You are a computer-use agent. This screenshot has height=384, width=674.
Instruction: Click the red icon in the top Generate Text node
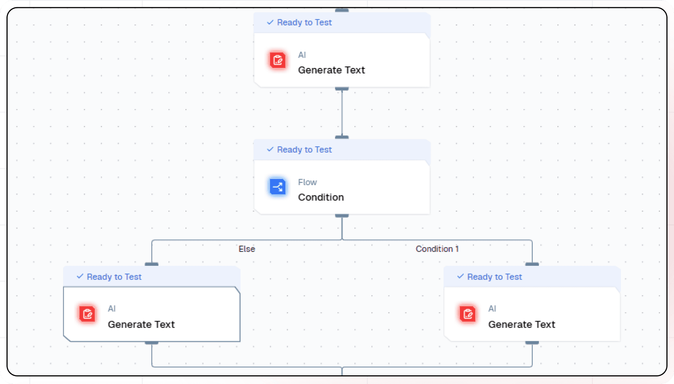pos(278,60)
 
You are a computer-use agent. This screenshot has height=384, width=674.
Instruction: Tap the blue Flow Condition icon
pos(278,187)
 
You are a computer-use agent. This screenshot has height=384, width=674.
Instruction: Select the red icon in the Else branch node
pos(87,314)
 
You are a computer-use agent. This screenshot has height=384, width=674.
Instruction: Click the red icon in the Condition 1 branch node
pos(468,314)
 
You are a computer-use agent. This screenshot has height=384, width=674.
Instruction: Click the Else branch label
pos(247,249)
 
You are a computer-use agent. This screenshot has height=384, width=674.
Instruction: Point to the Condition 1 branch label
pos(437,249)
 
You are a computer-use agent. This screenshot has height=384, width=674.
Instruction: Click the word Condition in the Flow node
pos(321,197)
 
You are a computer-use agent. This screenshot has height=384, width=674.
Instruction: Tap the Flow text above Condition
pos(307,182)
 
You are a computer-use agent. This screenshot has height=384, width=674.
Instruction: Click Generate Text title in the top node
pos(331,70)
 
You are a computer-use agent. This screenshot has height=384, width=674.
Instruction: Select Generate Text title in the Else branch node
pos(141,325)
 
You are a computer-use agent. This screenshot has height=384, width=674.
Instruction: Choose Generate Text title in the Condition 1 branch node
pos(522,325)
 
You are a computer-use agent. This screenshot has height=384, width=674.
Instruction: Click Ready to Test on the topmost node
pos(304,22)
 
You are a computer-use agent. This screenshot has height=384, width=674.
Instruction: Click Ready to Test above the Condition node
pos(304,150)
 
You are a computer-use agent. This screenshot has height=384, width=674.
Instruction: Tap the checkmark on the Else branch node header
pos(80,277)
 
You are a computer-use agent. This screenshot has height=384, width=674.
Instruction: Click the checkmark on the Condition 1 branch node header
pos(461,277)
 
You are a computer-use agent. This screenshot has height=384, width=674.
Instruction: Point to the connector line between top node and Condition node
pos(342,113)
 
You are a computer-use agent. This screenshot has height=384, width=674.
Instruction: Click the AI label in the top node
pos(302,55)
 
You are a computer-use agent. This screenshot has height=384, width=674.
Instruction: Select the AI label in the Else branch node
pos(112,309)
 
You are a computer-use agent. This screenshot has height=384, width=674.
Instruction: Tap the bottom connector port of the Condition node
pos(342,216)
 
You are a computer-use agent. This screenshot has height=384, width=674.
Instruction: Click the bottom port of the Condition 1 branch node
pos(532,342)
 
